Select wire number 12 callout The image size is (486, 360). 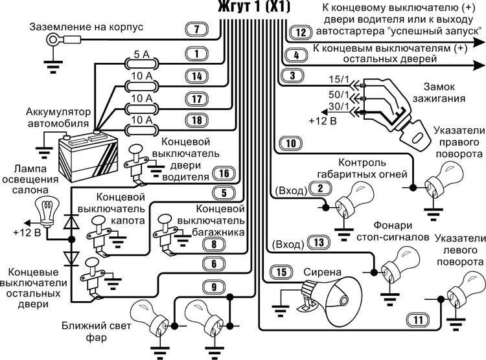click(299, 32)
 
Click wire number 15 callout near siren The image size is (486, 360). click(281, 272)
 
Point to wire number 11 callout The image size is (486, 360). click(418, 318)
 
